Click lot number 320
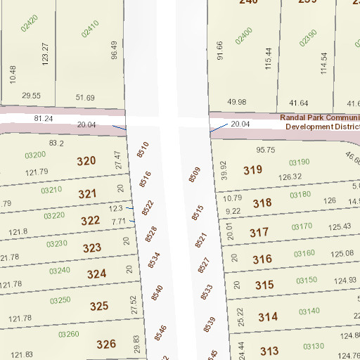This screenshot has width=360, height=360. (86, 161)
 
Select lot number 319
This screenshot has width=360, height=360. (252, 169)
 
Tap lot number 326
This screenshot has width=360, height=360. (105, 344)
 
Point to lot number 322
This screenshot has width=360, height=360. (90, 221)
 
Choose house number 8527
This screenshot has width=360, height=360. (204, 265)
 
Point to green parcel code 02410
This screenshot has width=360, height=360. (89, 29)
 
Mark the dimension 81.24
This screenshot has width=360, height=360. (44, 118)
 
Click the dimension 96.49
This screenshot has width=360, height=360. (114, 50)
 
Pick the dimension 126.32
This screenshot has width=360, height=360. (291, 177)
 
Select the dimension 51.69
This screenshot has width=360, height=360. (85, 97)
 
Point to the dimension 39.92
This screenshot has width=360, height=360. (224, 170)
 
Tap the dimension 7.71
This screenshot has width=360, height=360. (117, 221)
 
